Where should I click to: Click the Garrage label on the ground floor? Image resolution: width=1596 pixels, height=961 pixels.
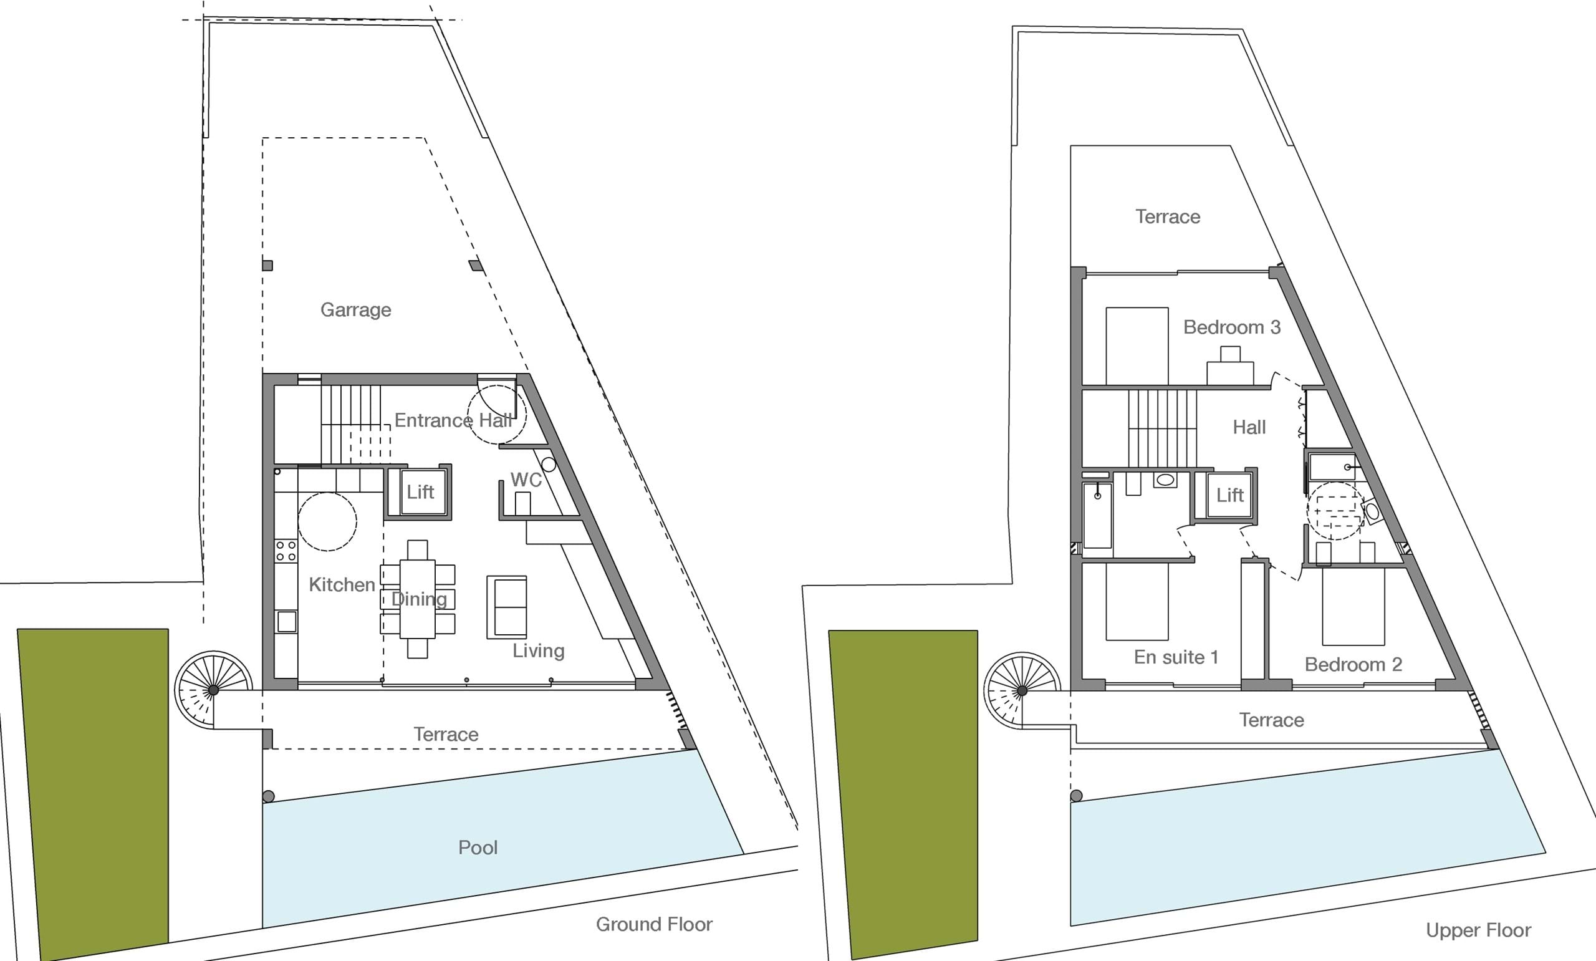coord(356,310)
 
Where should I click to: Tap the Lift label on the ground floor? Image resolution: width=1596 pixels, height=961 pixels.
coord(420,492)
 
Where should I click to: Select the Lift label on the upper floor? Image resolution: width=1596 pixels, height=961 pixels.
coord(1229,495)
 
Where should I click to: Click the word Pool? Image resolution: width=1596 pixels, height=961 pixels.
coord(478,848)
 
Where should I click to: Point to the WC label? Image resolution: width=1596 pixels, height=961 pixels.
coord(526,480)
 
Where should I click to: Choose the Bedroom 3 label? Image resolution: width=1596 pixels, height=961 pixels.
coord(1232,327)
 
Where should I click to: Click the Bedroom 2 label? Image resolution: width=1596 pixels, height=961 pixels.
coord(1353,664)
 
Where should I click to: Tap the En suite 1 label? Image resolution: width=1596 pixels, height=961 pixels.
coord(1176,657)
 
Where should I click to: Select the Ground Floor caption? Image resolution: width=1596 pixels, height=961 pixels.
coord(653,924)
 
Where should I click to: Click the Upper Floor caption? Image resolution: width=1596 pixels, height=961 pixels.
coord(1478,930)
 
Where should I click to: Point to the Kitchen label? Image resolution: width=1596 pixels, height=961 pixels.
coord(342,585)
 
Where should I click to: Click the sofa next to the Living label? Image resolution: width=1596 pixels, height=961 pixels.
coord(507,607)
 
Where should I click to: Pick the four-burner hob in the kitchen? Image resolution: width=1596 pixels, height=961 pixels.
coord(286,551)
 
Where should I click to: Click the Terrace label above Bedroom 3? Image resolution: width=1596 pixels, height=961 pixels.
coord(1168,216)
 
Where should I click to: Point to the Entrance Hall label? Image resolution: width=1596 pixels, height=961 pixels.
coord(453,420)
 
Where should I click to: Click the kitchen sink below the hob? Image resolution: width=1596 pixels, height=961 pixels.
coord(286,622)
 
